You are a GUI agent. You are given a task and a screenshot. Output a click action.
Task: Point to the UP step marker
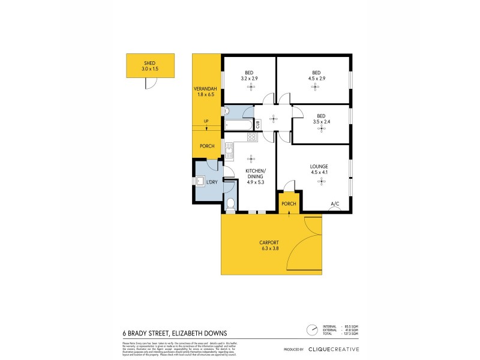tap(206, 122)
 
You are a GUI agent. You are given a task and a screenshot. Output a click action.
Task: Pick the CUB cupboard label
tap(257, 125)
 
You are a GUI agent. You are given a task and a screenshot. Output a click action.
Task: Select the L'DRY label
tap(211, 182)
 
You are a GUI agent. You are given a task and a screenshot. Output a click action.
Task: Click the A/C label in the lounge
tap(335, 204)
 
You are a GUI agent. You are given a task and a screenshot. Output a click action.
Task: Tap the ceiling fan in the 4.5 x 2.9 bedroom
tap(314, 87)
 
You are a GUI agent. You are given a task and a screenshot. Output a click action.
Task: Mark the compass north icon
tap(311, 329)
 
